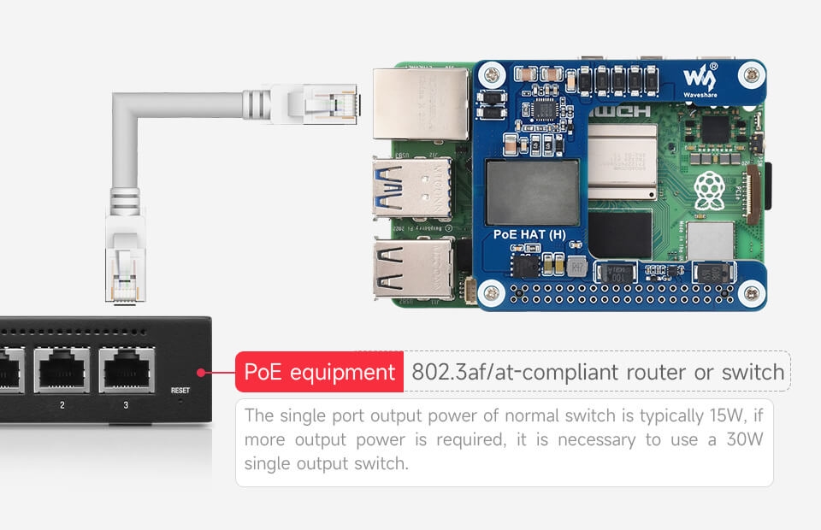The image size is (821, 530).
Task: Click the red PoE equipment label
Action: (x=319, y=373)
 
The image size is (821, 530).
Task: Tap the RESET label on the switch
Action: (x=180, y=390)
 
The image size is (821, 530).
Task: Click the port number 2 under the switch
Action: (x=62, y=404)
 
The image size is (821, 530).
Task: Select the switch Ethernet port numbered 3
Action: (x=126, y=369)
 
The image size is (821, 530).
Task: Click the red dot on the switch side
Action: (x=199, y=373)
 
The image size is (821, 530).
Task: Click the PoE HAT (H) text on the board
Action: (x=529, y=233)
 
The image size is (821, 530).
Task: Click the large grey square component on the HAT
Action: (x=532, y=192)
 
